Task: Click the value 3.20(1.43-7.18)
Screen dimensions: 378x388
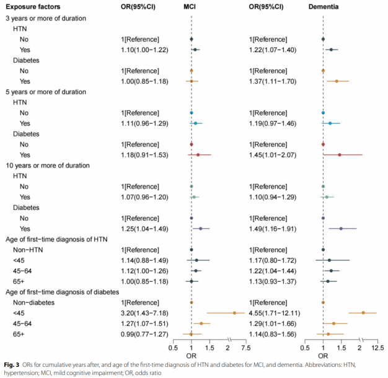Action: (x=145, y=313)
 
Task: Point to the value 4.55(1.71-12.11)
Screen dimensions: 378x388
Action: (x=273, y=313)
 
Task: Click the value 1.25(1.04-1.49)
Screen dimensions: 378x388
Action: (x=145, y=228)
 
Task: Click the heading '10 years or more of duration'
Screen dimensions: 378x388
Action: (x=48, y=165)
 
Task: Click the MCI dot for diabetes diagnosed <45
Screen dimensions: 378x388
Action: (x=234, y=313)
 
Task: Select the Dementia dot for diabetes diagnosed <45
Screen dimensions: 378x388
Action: (x=363, y=313)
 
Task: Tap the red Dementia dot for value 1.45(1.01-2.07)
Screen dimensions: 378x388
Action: (x=339, y=155)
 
